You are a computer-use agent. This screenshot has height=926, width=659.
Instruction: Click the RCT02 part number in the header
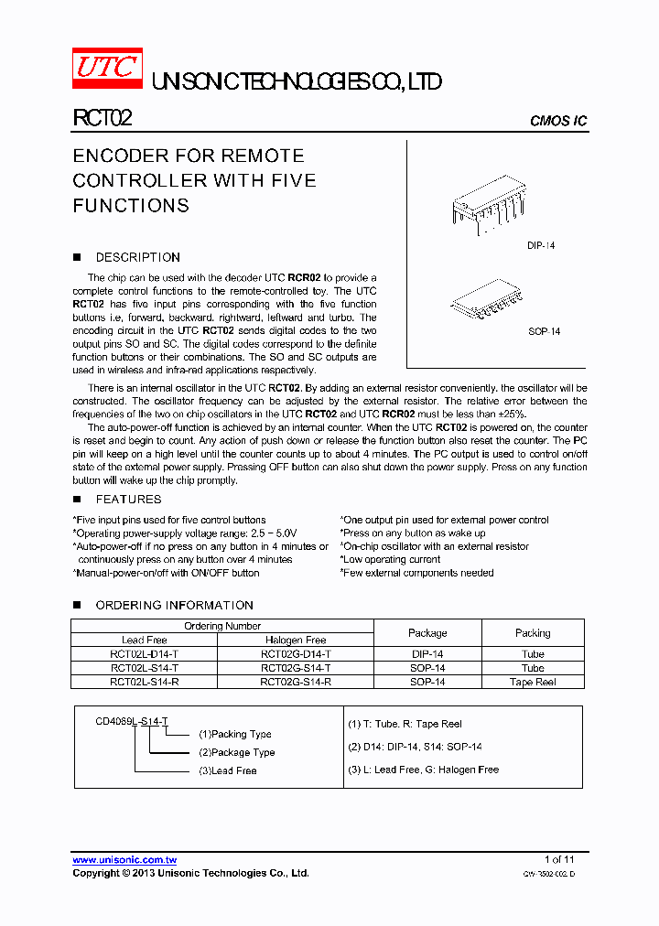click(x=103, y=118)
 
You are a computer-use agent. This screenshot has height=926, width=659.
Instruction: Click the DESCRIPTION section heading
click(x=137, y=257)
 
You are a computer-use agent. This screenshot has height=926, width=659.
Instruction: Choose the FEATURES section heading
click(x=128, y=499)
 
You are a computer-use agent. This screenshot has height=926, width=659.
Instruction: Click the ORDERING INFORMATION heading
click(x=174, y=605)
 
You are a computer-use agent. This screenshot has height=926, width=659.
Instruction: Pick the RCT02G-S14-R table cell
click(x=296, y=682)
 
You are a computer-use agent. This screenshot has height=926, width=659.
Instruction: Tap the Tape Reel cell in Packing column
click(x=533, y=682)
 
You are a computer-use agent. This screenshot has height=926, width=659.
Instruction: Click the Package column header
click(x=427, y=633)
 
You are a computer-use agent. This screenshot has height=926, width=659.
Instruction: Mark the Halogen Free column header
click(x=296, y=641)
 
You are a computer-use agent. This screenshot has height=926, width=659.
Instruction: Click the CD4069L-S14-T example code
click(x=132, y=721)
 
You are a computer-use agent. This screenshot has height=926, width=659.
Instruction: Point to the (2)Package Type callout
click(x=237, y=752)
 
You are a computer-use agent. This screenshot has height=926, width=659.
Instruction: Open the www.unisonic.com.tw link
click(x=124, y=860)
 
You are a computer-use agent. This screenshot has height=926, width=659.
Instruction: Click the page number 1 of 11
click(x=559, y=859)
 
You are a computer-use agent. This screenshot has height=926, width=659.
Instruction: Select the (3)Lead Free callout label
click(x=228, y=770)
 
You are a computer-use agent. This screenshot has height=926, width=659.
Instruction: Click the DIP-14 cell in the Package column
click(x=427, y=654)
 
